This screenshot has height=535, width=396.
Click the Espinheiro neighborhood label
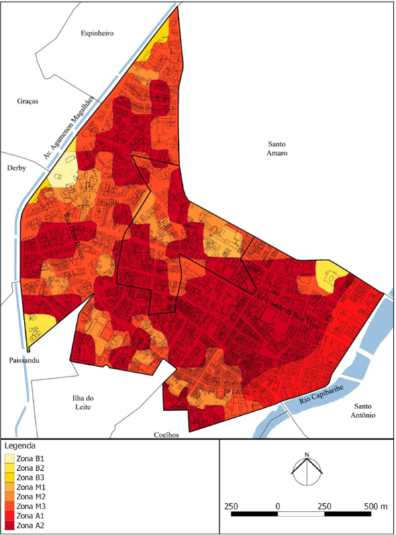tap(98, 32)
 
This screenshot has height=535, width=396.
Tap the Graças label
tap(29, 101)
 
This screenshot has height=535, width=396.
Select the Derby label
tap(15, 168)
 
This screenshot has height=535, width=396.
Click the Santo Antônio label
tap(364, 411)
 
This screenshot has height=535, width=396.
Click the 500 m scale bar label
tap(375, 507)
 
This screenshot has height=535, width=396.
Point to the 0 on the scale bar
tap(277, 507)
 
